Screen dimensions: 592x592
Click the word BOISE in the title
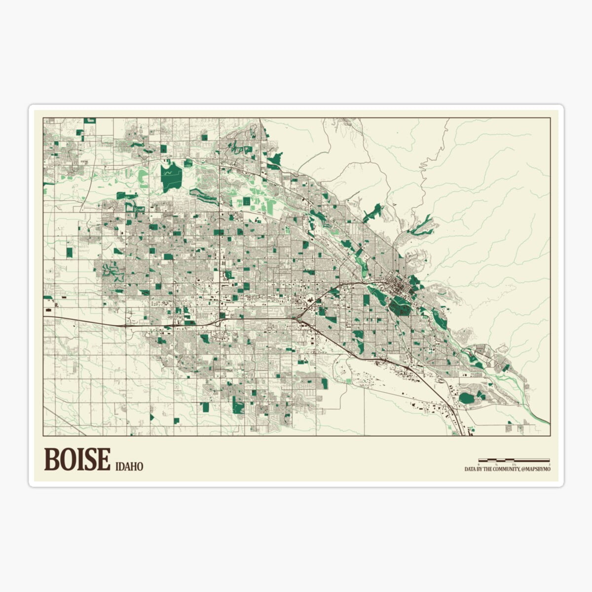pos(77,459)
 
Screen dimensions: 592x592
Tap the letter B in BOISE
pos(51,459)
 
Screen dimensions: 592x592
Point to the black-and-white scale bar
pos(514,460)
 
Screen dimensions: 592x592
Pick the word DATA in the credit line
pos(470,469)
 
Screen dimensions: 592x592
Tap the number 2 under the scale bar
pos(549,464)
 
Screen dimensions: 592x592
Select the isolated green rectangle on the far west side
pos(69,252)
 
